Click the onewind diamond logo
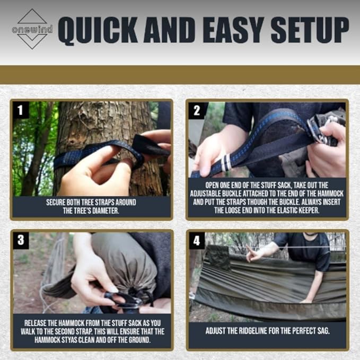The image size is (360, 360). pos(32,29)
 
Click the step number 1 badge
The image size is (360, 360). pos(21,111)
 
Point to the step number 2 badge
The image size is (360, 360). pos(197,111)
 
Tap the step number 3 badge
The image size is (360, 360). pos(21,240)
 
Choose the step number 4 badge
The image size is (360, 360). pos(197,240)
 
